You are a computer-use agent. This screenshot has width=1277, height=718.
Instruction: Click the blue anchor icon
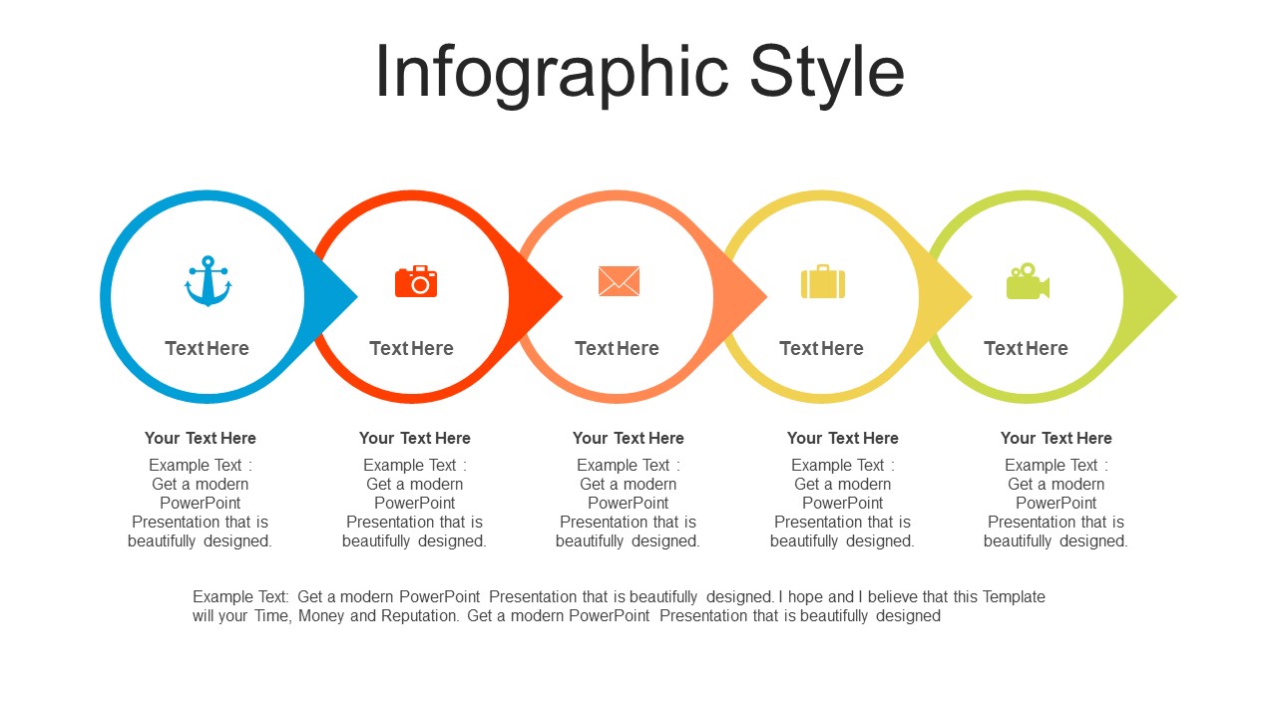pos(209,281)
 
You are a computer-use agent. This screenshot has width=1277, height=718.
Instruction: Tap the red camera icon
pos(416,281)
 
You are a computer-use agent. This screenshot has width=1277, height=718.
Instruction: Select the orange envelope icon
pos(619,281)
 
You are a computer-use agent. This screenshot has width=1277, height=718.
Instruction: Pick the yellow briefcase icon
pos(823,281)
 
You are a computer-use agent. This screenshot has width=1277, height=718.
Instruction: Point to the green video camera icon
pos(1028,281)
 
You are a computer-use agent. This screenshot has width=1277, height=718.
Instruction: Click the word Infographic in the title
pos(552,73)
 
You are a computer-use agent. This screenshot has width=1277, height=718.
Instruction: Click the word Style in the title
pos(827,73)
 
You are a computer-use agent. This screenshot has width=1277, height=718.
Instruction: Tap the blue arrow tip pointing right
pos(356,296)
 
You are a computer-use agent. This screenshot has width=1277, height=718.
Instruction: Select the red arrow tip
pos(562,296)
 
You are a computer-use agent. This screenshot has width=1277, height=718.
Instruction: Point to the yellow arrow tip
pos(971,296)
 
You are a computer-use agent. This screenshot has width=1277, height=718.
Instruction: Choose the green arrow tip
pos(1175,296)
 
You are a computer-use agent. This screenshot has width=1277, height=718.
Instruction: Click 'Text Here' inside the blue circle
pos(207,348)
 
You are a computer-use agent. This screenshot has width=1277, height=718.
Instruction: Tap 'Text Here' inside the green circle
pos(1027,348)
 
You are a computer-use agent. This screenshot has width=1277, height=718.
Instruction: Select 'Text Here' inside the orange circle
pos(617,348)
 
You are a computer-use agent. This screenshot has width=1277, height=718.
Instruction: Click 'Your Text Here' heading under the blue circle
pos(201,438)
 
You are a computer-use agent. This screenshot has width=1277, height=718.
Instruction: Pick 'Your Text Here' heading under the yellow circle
pos(843,438)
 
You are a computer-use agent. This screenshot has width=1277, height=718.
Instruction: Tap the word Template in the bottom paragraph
pos(1014,596)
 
